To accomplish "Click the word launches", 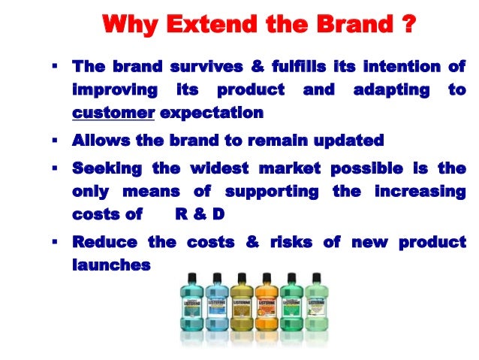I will pyautogui.click(x=110, y=265).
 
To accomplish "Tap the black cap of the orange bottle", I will pyautogui.click(x=267, y=277).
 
